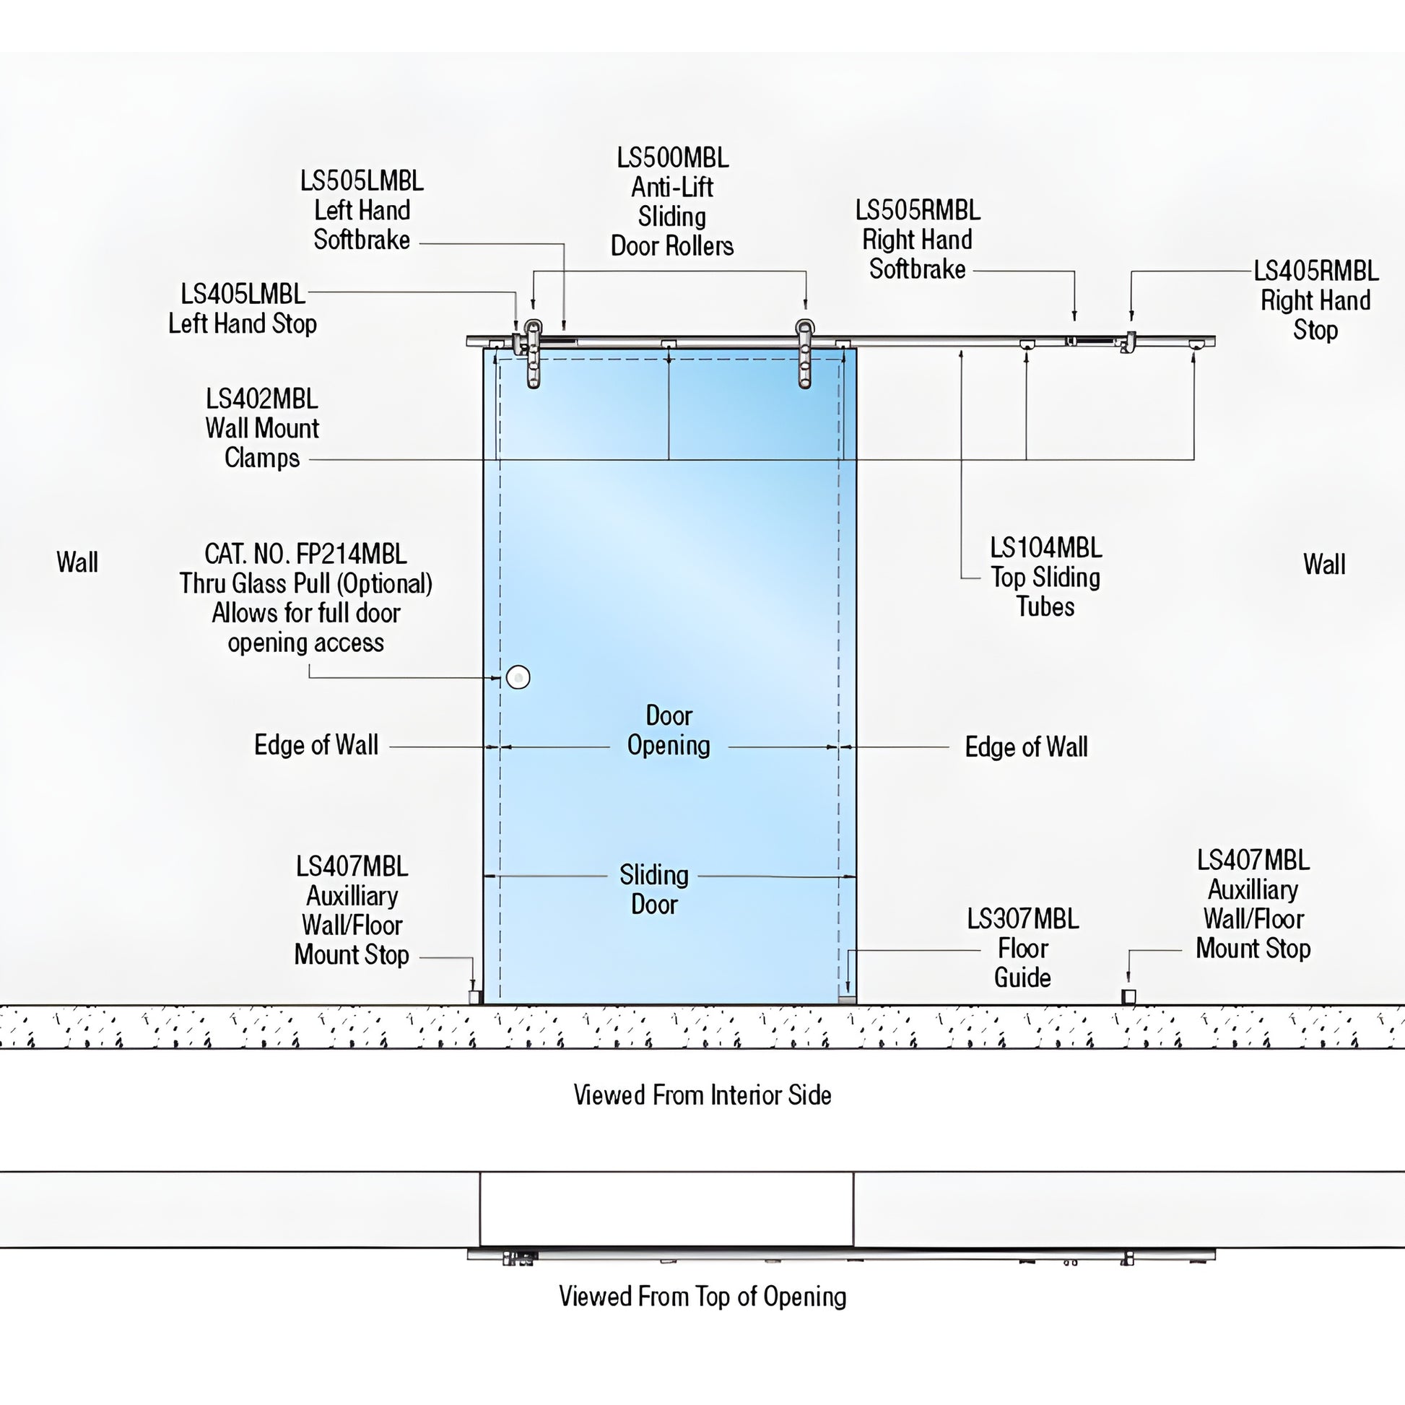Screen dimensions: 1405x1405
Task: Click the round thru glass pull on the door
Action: (x=518, y=677)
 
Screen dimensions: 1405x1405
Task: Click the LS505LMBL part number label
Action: (x=362, y=181)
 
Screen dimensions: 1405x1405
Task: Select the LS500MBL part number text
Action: (x=672, y=158)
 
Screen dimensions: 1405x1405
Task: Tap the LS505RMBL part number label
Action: (x=917, y=211)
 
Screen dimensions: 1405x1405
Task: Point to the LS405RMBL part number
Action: (x=1315, y=271)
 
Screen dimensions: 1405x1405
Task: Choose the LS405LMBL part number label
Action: (x=243, y=295)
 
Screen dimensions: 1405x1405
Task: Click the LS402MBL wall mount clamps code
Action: (x=262, y=399)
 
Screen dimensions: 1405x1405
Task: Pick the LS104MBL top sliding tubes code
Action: (x=1045, y=548)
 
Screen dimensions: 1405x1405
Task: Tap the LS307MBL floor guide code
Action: (x=1022, y=919)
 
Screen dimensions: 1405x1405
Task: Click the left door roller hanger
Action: (x=534, y=354)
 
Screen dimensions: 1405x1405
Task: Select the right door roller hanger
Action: (x=804, y=354)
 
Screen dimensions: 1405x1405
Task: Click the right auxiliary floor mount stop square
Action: (x=1128, y=996)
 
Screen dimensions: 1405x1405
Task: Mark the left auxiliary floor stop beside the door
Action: (x=474, y=996)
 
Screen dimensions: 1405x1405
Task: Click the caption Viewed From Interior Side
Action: (x=702, y=1095)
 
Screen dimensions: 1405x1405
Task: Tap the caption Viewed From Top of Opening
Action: (x=702, y=1296)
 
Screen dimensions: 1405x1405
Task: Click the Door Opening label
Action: (x=669, y=730)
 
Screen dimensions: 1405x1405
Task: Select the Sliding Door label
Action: (x=654, y=889)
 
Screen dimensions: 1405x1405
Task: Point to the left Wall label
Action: (x=77, y=562)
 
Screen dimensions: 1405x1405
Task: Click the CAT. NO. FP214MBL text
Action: (x=305, y=554)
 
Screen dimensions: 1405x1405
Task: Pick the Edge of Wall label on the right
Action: (x=1025, y=747)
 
